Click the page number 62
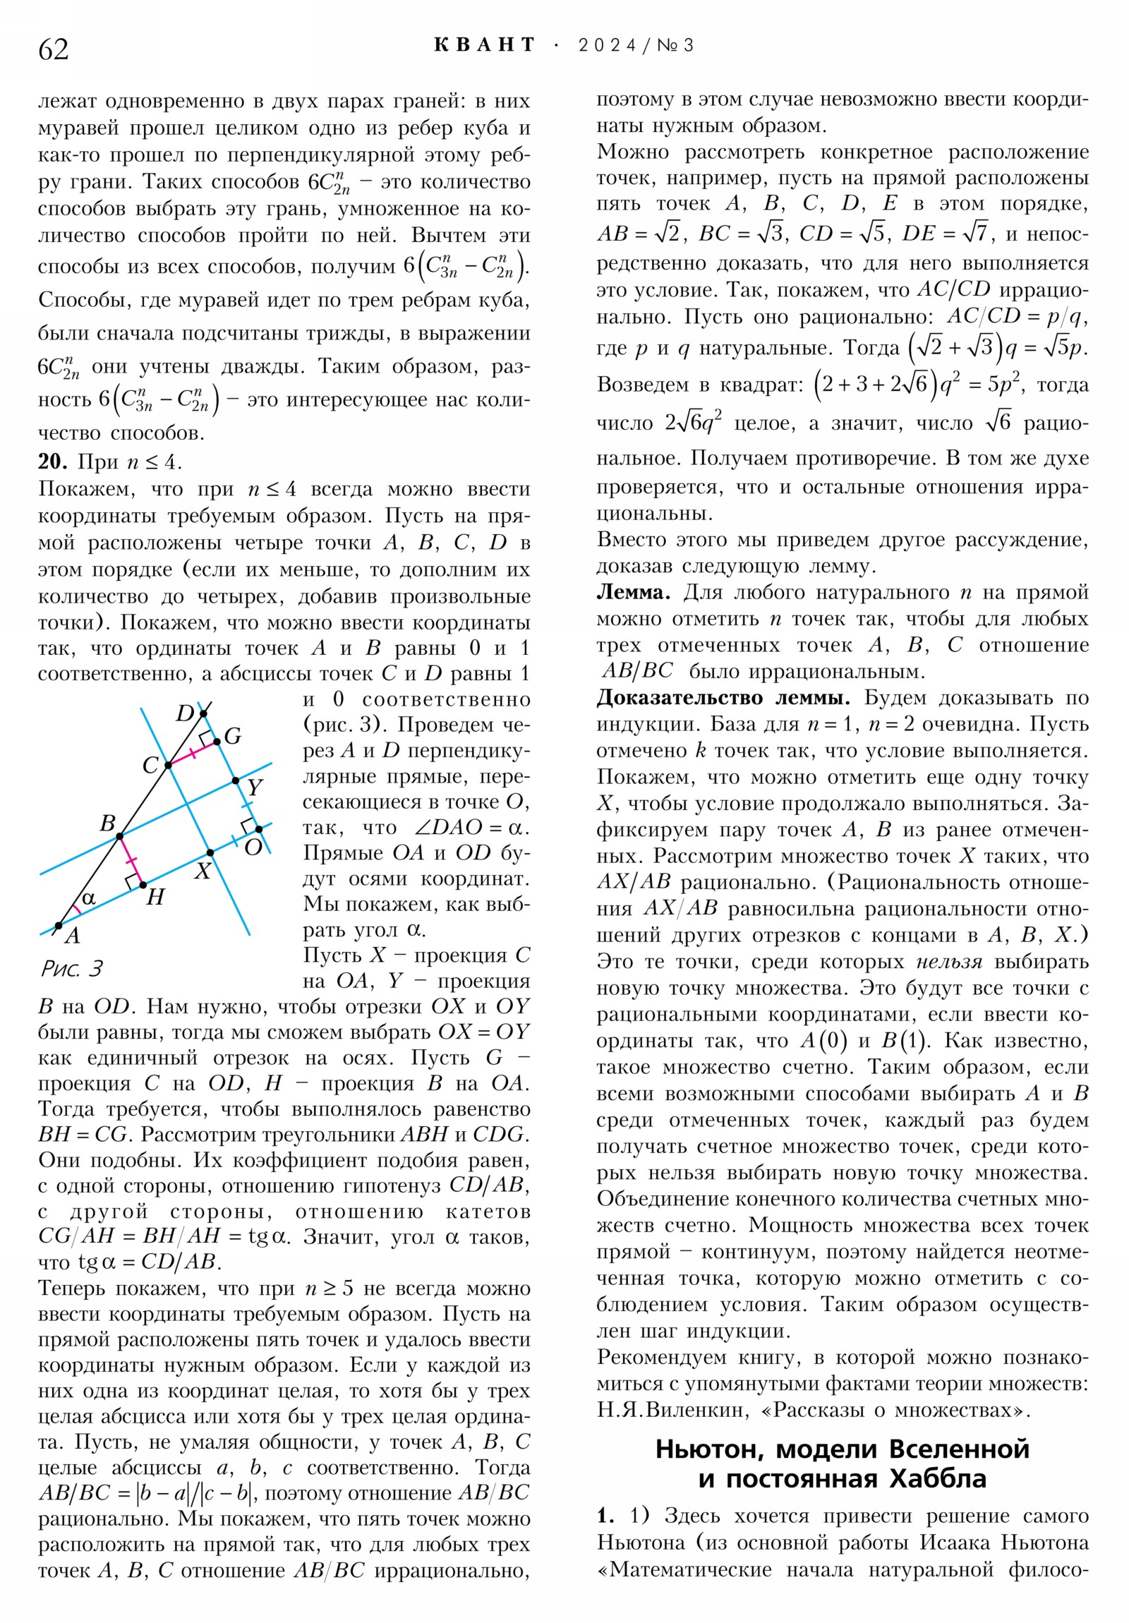(x=54, y=49)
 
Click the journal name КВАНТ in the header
(x=484, y=45)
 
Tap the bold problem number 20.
(x=52, y=461)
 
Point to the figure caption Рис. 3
(x=72, y=967)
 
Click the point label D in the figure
(x=184, y=713)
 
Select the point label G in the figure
(x=233, y=736)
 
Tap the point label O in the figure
(x=253, y=847)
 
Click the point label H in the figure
(x=155, y=897)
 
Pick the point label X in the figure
(x=203, y=871)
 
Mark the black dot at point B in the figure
(x=119, y=836)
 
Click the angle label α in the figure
(x=88, y=898)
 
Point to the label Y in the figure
(x=255, y=787)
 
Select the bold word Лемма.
(x=634, y=591)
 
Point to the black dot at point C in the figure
(x=168, y=765)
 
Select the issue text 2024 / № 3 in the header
(x=636, y=46)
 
